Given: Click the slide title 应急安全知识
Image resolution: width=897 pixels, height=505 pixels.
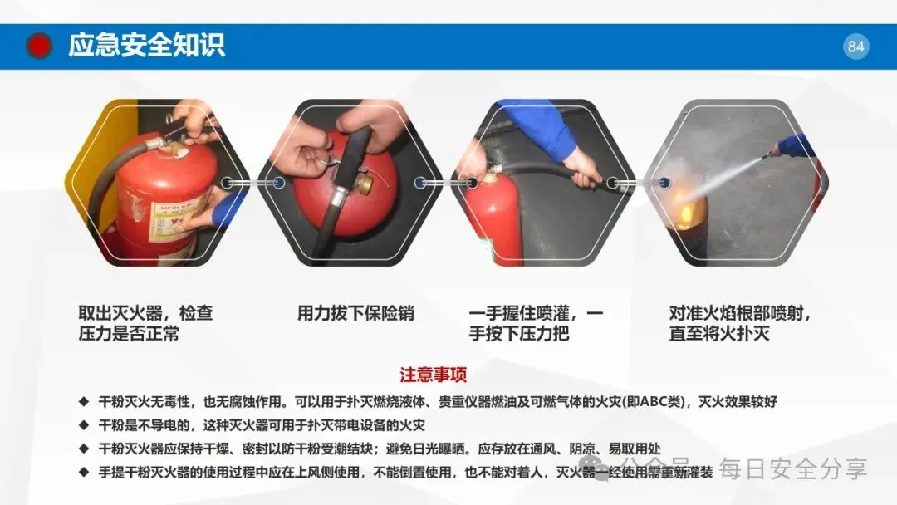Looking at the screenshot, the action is pyautogui.click(x=146, y=45).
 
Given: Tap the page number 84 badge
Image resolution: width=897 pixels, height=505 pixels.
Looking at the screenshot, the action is pyautogui.click(x=855, y=47).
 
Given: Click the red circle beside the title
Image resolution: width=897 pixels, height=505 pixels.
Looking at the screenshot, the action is pyautogui.click(x=39, y=46).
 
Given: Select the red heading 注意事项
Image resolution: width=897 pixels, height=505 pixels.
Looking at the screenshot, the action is pyautogui.click(x=433, y=375).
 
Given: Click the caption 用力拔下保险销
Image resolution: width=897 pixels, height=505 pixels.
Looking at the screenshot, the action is pyautogui.click(x=355, y=313).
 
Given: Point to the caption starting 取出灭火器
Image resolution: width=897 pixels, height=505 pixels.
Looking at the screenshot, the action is pyautogui.click(x=146, y=323).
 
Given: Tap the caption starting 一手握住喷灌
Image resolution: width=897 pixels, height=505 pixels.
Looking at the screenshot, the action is pyautogui.click(x=536, y=323).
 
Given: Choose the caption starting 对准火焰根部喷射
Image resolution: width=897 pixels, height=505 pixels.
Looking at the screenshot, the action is pyautogui.click(x=740, y=323).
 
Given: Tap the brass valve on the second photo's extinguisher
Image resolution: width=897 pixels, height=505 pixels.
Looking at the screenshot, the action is pyautogui.click(x=365, y=181).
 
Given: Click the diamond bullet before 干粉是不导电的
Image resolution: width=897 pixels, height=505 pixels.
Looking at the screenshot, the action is pyautogui.click(x=84, y=425).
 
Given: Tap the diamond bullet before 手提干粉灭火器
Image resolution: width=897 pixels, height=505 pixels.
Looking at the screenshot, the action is pyautogui.click(x=84, y=472).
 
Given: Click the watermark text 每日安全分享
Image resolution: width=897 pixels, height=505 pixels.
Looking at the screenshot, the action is pyautogui.click(x=793, y=469).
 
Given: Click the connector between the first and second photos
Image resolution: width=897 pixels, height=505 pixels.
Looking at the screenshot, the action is pyautogui.click(x=252, y=183).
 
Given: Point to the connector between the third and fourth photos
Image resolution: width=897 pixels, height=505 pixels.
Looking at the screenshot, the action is pyautogui.click(x=639, y=183).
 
